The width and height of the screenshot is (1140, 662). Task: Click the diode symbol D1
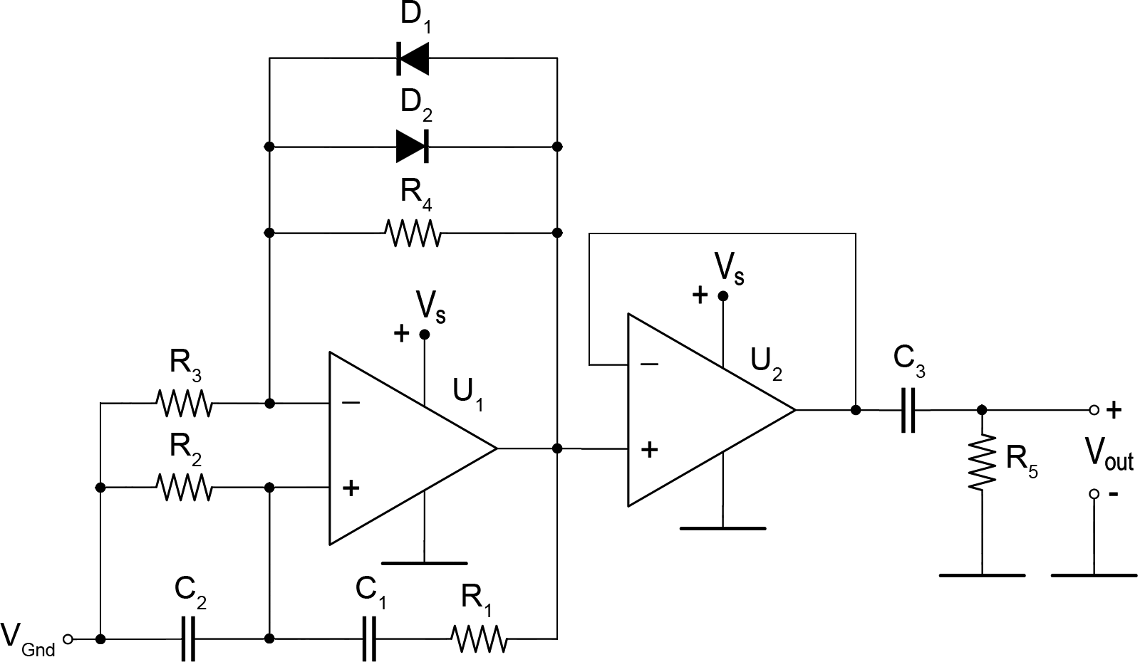(x=413, y=58)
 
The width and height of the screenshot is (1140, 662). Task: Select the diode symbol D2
(x=413, y=147)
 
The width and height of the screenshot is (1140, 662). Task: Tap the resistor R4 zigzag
(x=413, y=233)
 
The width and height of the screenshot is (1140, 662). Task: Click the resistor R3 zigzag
(x=183, y=403)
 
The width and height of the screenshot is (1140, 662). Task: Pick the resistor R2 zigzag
(x=183, y=488)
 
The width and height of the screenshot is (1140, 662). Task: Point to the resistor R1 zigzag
(x=479, y=639)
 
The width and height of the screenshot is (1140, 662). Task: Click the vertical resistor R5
(x=983, y=462)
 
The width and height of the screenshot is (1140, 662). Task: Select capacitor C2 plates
(x=188, y=639)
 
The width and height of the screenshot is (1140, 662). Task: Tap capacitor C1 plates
(x=370, y=639)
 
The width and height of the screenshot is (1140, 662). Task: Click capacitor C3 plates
(x=908, y=410)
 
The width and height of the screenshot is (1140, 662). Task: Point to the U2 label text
(x=767, y=365)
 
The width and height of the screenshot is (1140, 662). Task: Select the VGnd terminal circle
(x=68, y=639)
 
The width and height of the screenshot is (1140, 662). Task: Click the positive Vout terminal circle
(x=1094, y=410)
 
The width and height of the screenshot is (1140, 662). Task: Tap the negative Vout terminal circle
(x=1094, y=494)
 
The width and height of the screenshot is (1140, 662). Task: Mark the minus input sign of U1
(x=351, y=403)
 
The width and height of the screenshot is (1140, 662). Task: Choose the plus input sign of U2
(x=649, y=449)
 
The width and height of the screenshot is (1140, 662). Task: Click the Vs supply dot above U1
(x=425, y=334)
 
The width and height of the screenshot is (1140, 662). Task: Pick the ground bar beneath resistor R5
(x=983, y=576)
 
